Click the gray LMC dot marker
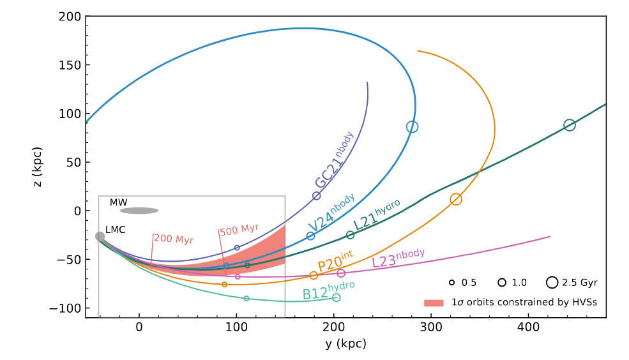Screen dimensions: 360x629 tap(100, 236)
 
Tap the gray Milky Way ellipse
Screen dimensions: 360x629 tap(139, 211)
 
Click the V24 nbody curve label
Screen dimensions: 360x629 tap(331, 213)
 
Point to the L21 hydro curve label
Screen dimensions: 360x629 tap(377, 214)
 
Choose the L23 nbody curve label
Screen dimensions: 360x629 tap(398, 258)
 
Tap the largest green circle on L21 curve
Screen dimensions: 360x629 tap(569, 125)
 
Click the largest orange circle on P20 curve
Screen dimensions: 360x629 tap(456, 199)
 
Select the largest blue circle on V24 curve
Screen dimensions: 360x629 tap(413, 127)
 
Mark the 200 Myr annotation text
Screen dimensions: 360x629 tap(173, 240)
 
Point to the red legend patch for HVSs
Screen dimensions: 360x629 tap(434, 303)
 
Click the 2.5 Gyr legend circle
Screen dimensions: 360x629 tap(552, 282)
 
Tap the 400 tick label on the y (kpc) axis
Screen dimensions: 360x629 tap(528, 327)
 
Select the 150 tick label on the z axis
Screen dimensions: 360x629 tap(71, 65)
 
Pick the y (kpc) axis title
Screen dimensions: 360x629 tap(345, 344)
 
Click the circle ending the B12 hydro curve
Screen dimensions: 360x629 tap(337, 297)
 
